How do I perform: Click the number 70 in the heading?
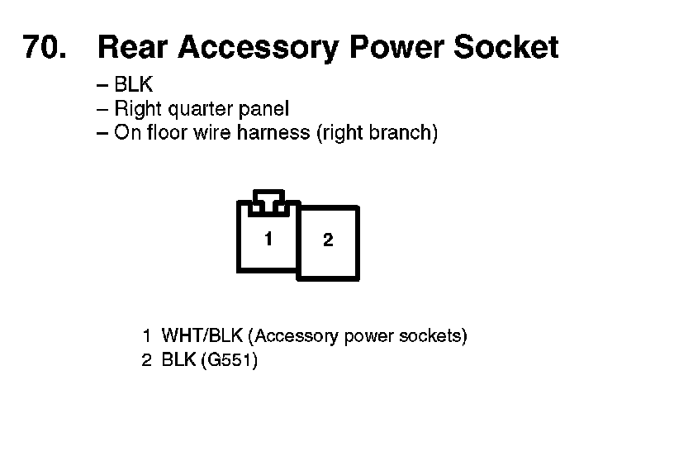pos(40,48)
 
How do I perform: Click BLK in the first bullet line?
pos(133,85)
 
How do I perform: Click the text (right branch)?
pos(377,133)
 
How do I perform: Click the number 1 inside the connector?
pos(268,239)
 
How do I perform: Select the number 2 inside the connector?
pos(328,240)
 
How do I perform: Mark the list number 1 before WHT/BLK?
pos(146,336)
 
